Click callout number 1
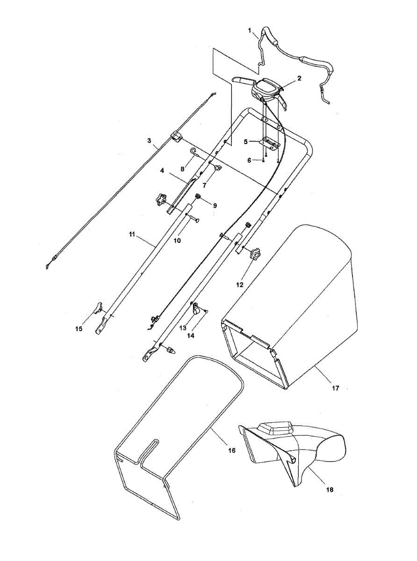250,31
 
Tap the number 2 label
299,78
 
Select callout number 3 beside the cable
149,140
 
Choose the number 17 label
335,388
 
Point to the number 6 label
249,160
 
